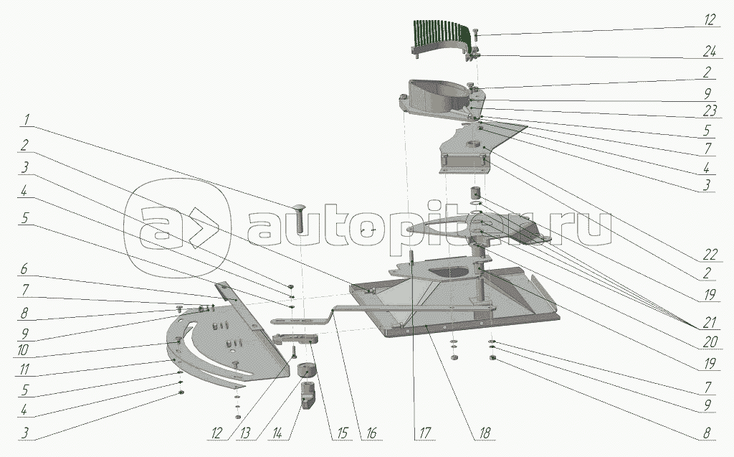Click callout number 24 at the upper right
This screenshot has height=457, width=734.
click(x=709, y=52)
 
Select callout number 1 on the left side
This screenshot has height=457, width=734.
click(x=27, y=120)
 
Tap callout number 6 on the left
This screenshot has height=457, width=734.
click(x=24, y=269)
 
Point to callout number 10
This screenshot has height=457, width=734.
click(x=24, y=349)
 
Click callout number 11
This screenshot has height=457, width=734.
click(x=24, y=369)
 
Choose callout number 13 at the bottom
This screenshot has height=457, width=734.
click(x=245, y=433)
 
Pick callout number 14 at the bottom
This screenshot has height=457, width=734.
click(x=277, y=433)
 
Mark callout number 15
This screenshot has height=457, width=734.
click(x=343, y=433)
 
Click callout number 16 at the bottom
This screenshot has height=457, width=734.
click(x=371, y=433)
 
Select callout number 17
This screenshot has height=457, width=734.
click(x=424, y=433)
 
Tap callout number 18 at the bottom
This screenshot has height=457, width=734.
click(x=485, y=433)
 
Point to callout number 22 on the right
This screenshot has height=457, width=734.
click(x=710, y=254)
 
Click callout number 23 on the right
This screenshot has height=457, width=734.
click(x=710, y=110)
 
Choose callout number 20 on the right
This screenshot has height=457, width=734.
click(x=710, y=342)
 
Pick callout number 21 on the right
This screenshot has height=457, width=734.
click(x=710, y=322)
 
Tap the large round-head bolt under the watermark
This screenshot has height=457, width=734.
click(x=300, y=218)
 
